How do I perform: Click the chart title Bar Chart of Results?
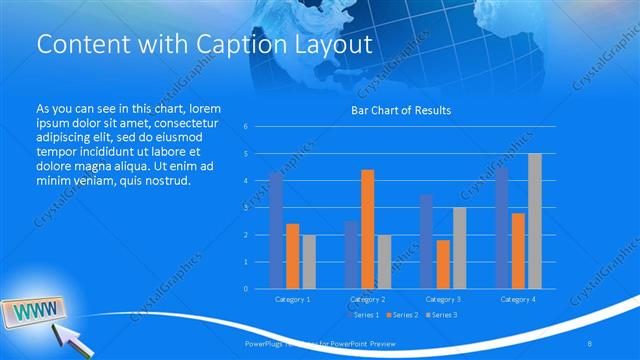click(x=400, y=110)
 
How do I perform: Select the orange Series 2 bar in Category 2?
click(x=367, y=229)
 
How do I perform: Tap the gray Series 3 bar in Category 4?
click(x=534, y=221)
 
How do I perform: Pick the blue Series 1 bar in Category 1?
click(x=276, y=230)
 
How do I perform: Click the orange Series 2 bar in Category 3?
click(x=442, y=264)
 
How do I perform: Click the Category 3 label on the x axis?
click(x=442, y=299)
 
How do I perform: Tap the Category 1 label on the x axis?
click(x=292, y=299)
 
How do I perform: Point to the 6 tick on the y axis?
click(x=245, y=127)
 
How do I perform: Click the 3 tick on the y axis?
click(x=245, y=208)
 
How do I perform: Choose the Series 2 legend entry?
click(x=402, y=315)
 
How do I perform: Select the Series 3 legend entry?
click(x=442, y=315)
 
